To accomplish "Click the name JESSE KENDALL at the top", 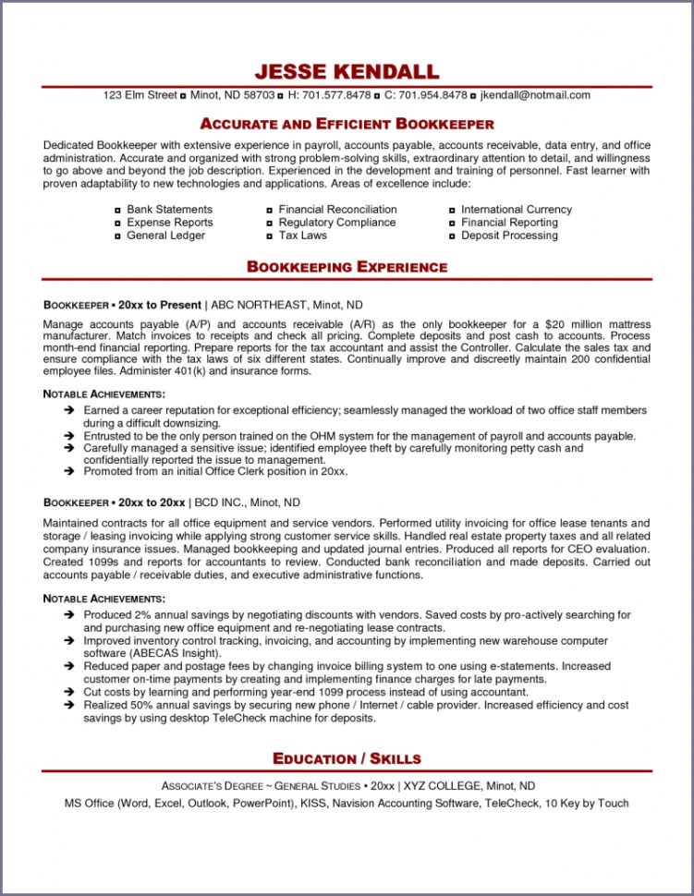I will click(347, 72).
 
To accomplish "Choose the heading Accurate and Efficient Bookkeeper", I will click(347, 124).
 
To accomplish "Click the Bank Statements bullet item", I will click(169, 210).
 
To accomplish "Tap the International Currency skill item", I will click(516, 210).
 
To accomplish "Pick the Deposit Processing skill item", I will click(509, 236).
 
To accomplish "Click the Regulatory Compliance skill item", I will click(336, 223).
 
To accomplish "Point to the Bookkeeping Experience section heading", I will click(347, 267).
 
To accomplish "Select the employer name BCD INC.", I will click(222, 502).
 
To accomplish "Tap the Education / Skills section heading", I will click(347, 758).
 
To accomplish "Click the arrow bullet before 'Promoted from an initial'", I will click(69, 471).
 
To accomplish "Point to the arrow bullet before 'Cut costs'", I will click(69, 692).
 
